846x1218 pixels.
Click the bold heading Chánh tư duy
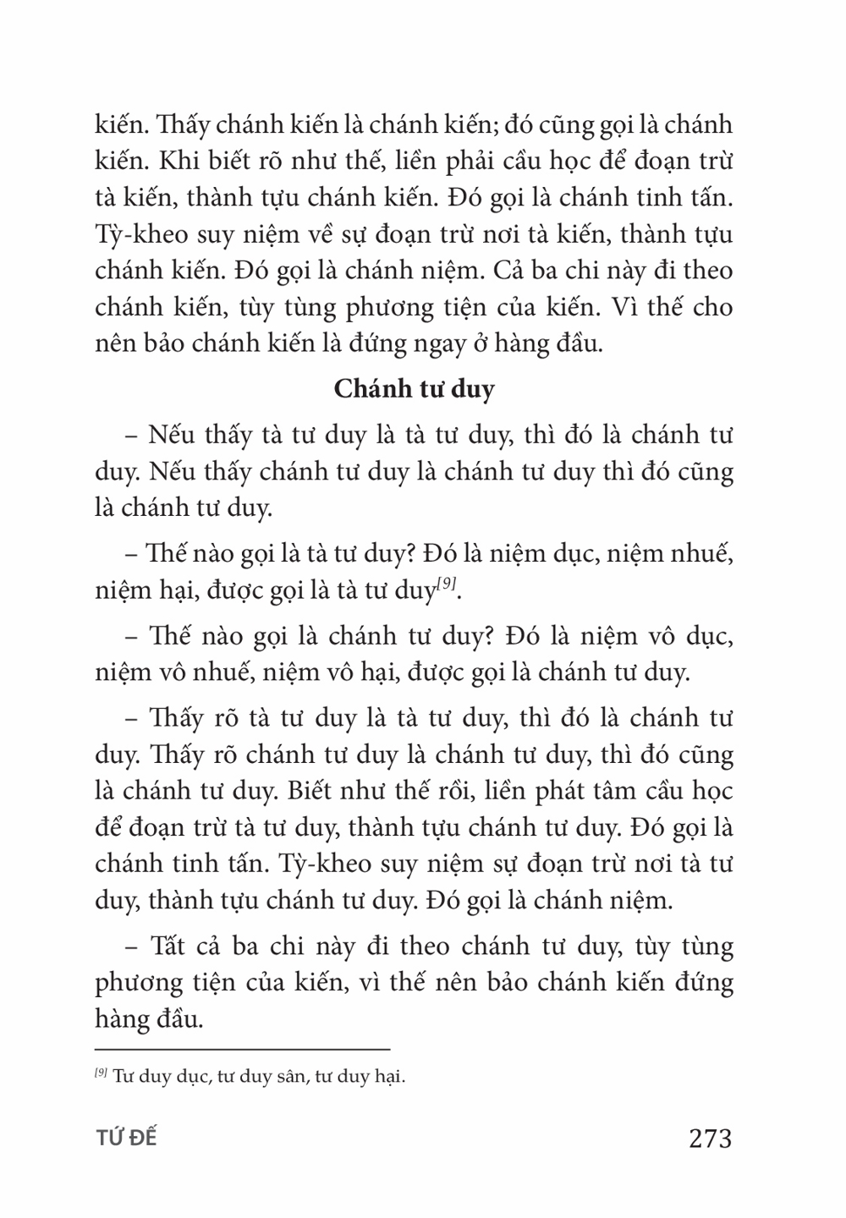point(415,389)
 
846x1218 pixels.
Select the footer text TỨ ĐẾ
point(126,1138)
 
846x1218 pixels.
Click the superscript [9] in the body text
point(448,584)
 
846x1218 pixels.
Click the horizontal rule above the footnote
point(242,1049)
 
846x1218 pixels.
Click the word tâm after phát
point(580,790)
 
